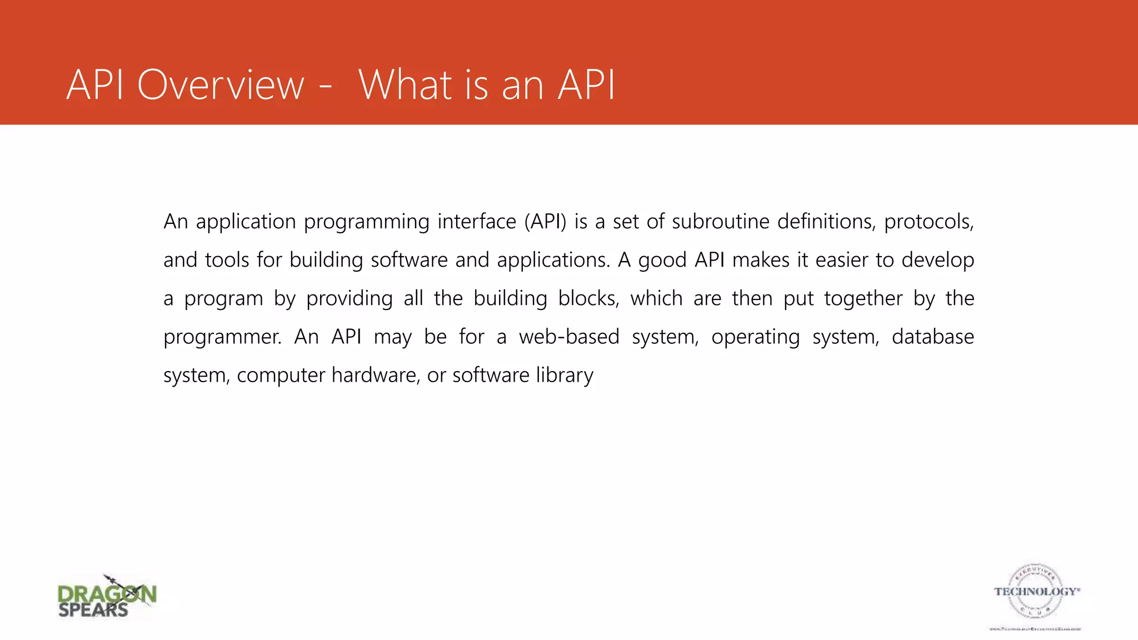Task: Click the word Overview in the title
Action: click(x=221, y=85)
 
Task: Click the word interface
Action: click(x=477, y=222)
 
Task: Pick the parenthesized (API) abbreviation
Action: click(x=545, y=222)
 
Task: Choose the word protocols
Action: click(x=929, y=222)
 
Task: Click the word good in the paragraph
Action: click(x=662, y=261)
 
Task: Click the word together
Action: click(x=863, y=299)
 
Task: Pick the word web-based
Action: click(x=569, y=337)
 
